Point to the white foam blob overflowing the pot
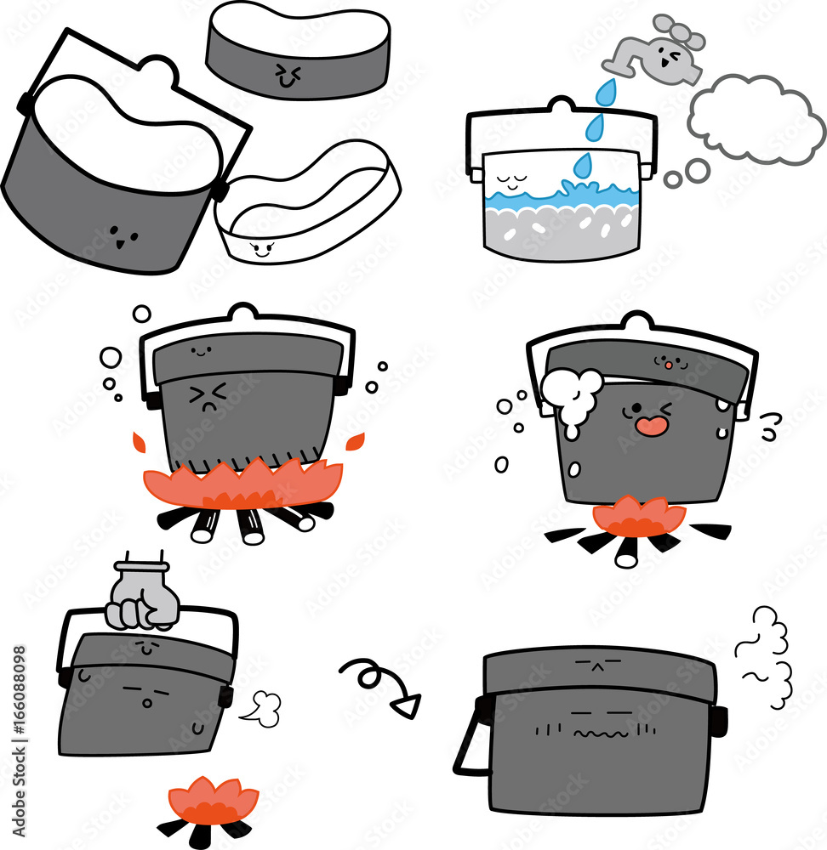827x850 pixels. [572, 392]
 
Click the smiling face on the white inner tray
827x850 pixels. [260, 248]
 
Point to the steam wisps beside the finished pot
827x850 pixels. [766, 659]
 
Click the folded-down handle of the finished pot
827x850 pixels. [470, 748]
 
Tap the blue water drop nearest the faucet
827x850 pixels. [605, 93]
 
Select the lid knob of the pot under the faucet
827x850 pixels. [562, 105]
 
